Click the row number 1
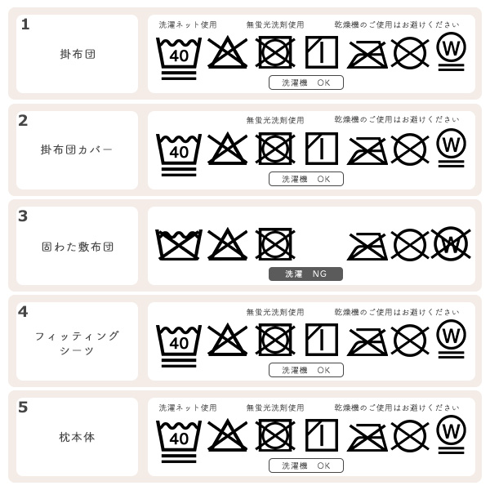[25, 24]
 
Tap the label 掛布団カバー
[77, 149]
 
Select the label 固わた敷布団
[78, 247]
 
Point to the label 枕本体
[77, 437]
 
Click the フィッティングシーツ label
[77, 343]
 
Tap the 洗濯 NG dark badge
[305, 274]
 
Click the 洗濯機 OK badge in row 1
[306, 82]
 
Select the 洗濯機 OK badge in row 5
[306, 465]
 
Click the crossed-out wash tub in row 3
[179, 245]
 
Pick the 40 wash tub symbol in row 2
[179, 155]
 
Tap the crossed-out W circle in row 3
[451, 244]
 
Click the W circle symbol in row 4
[452, 339]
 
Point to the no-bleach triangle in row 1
[228, 52]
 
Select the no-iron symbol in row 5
[367, 438]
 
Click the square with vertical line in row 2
[322, 149]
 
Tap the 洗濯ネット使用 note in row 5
[188, 408]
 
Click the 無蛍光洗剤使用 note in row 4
[275, 312]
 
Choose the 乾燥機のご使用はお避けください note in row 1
[397, 24]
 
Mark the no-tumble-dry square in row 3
[275, 244]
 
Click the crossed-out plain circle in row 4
[410, 340]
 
